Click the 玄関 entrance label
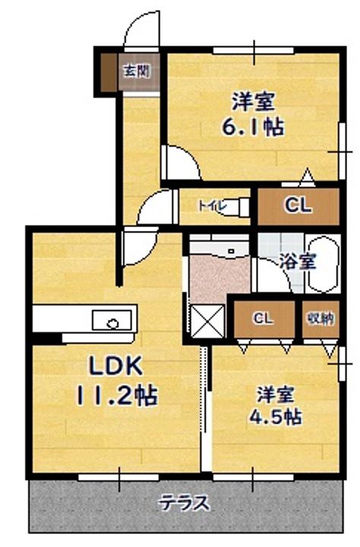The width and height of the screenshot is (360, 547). (x=137, y=71)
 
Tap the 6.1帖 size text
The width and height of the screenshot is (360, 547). (x=253, y=128)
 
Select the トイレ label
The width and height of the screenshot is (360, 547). (x=212, y=206)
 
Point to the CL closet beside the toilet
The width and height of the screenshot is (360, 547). (x=298, y=207)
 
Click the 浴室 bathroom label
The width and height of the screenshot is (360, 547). (x=298, y=261)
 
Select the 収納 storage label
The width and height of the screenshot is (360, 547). (x=321, y=318)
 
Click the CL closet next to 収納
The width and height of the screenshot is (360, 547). (x=264, y=319)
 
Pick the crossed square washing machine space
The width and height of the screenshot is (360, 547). (x=207, y=321)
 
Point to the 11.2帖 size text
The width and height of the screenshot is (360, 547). (x=116, y=395)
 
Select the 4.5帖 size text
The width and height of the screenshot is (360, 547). (x=275, y=416)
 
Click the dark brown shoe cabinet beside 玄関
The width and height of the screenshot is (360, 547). (x=109, y=73)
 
